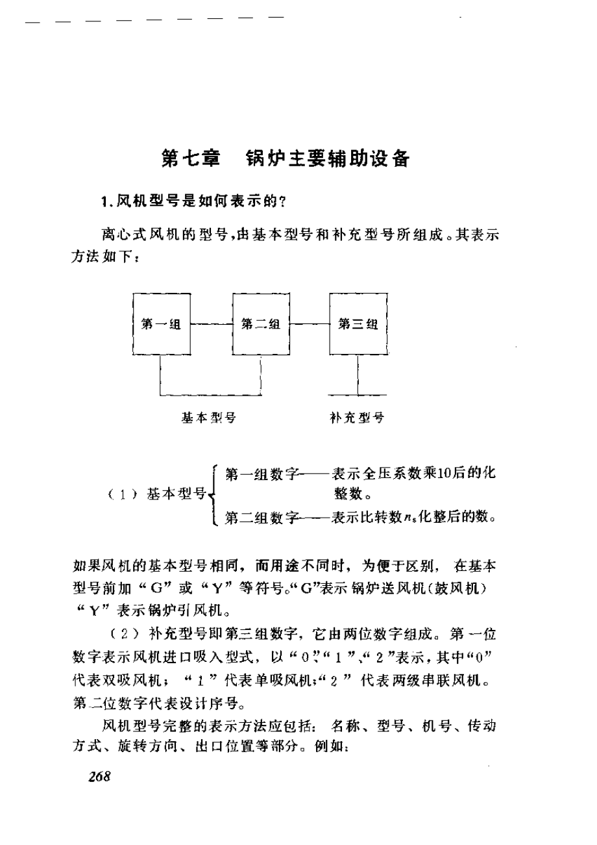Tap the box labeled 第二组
click(260, 325)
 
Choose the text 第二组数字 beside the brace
click(260, 518)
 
